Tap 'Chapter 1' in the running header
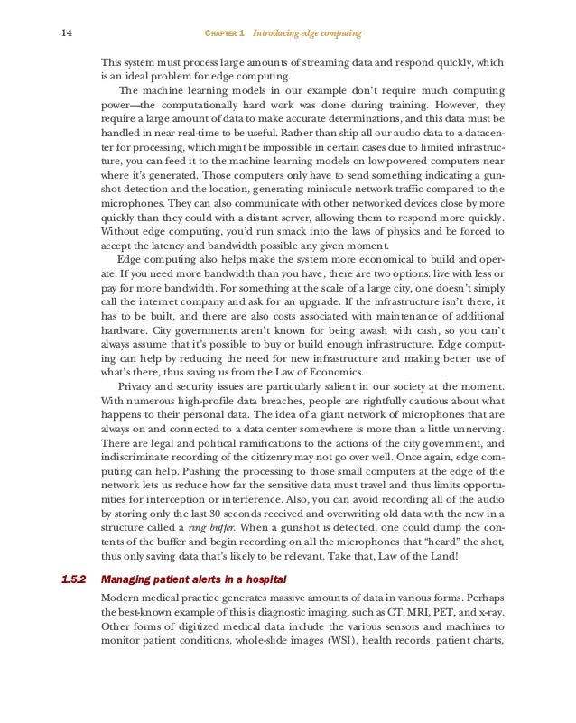point(226,33)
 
